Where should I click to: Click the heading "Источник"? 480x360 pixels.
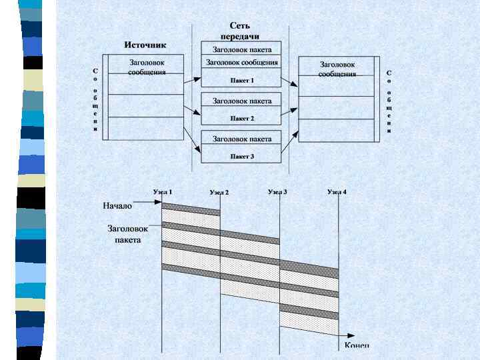tap(145, 45)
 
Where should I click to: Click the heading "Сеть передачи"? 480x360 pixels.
tap(240, 31)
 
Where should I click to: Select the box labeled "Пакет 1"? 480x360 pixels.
tap(241, 80)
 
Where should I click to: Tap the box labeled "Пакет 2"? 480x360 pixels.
tap(241, 118)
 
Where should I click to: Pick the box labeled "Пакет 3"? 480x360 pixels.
tap(241, 157)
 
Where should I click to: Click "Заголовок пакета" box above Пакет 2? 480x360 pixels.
tap(241, 101)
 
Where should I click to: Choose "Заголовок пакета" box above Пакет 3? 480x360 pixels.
tap(241, 139)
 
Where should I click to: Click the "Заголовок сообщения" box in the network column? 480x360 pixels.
tap(241, 63)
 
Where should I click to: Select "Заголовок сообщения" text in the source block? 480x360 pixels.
tap(146, 67)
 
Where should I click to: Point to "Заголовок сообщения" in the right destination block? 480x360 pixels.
tap(336, 69)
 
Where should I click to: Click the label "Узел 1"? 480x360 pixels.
tap(163, 192)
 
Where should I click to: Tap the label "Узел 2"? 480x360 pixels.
tap(219, 193)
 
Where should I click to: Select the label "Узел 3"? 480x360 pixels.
tap(277, 192)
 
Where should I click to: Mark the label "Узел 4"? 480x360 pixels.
tap(337, 192)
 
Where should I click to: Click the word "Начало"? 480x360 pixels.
tap(117, 206)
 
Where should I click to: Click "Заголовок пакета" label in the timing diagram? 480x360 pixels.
tap(127, 233)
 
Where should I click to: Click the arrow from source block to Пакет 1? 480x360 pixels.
tap(192, 79)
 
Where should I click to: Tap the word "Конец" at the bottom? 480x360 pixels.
tap(357, 345)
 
